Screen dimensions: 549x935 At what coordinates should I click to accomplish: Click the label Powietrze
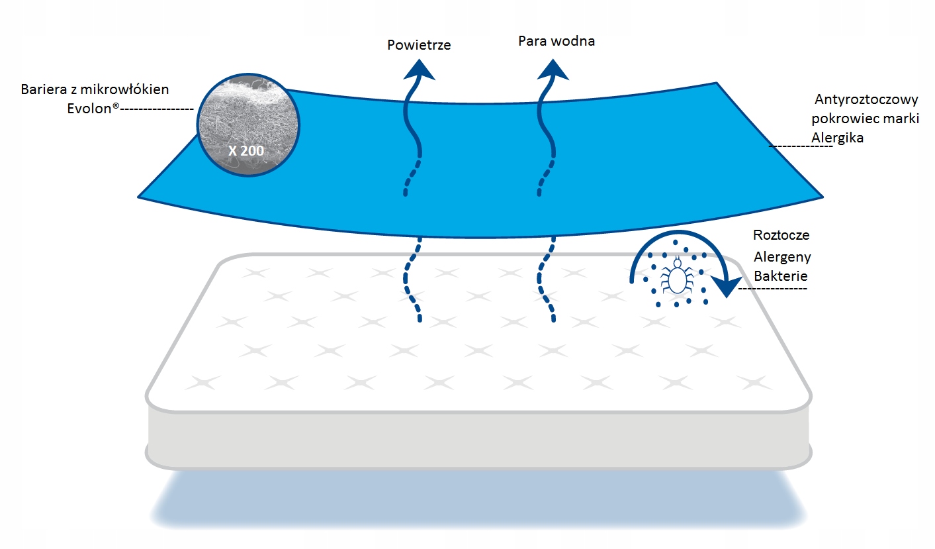pyautogui.click(x=419, y=45)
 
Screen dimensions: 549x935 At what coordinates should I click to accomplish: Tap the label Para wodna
pyautogui.click(x=556, y=41)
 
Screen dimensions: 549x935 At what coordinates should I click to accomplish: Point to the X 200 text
pyautogui.click(x=245, y=150)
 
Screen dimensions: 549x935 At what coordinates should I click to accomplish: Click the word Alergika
pyautogui.click(x=837, y=138)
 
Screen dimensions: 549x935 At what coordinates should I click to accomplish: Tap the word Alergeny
pyautogui.click(x=782, y=257)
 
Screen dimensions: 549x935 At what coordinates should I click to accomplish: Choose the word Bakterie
pyautogui.click(x=780, y=275)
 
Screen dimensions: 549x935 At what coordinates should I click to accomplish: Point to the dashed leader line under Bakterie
pyautogui.click(x=772, y=289)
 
